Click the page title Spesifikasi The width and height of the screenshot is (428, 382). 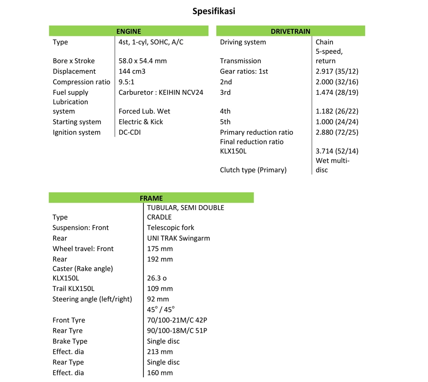[x=214, y=11]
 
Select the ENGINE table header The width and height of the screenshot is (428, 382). [x=128, y=31]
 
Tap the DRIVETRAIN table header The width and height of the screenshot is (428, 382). [x=291, y=31]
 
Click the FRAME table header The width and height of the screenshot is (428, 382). [x=151, y=198]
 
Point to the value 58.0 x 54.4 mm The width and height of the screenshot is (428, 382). [x=143, y=61]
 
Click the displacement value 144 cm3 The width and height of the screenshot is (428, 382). [x=132, y=71]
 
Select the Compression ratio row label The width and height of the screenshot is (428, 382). [x=81, y=82]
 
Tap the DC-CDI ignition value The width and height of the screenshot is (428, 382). [x=130, y=132]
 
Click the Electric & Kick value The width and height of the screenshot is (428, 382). [x=141, y=122]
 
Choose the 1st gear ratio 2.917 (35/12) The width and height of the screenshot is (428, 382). [x=337, y=71]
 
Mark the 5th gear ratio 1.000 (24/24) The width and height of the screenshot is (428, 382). [x=337, y=122]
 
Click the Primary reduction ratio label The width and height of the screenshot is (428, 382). [x=256, y=132]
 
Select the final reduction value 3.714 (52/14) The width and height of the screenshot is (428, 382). [x=337, y=151]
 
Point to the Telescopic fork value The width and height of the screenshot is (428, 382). [x=170, y=228]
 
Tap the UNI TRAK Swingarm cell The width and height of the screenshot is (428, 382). [x=178, y=238]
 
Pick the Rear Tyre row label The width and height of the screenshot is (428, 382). [x=68, y=331]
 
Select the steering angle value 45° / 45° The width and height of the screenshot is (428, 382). [x=161, y=309]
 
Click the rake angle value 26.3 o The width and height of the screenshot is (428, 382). [x=156, y=278]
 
